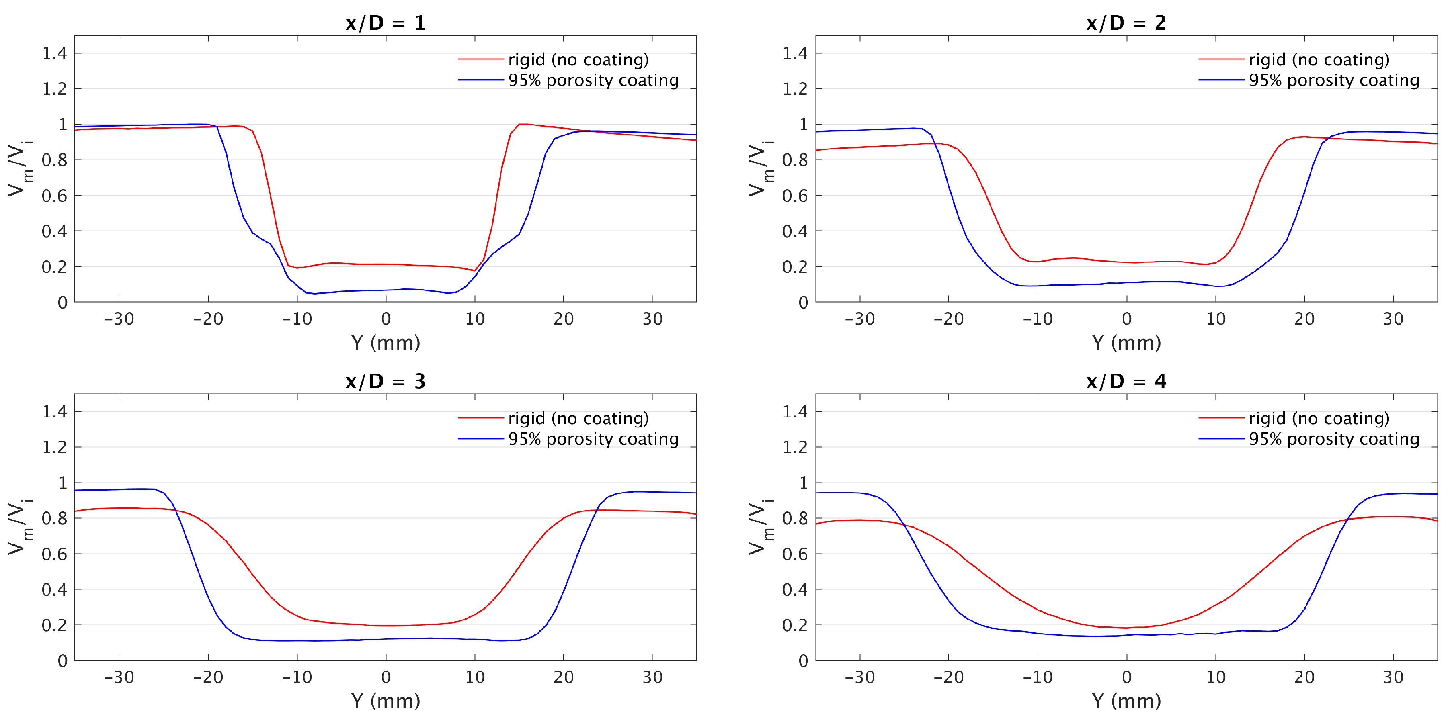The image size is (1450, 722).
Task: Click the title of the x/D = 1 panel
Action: pos(386,23)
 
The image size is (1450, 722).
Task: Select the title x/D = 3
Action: pos(386,382)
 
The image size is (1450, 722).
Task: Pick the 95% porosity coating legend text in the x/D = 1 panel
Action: pos(593,80)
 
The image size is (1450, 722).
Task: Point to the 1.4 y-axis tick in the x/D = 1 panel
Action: pos(55,53)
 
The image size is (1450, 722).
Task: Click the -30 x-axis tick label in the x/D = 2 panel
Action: pos(859,319)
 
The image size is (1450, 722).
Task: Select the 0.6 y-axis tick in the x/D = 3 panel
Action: pos(55,554)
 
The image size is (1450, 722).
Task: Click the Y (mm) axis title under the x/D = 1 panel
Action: pos(386,343)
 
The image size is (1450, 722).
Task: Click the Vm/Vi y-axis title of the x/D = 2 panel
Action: pos(760,169)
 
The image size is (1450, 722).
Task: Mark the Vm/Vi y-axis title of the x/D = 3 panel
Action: pos(20,527)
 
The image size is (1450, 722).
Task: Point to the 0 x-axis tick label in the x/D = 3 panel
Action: pos(386,677)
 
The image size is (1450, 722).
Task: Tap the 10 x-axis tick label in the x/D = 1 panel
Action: pos(474,319)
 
